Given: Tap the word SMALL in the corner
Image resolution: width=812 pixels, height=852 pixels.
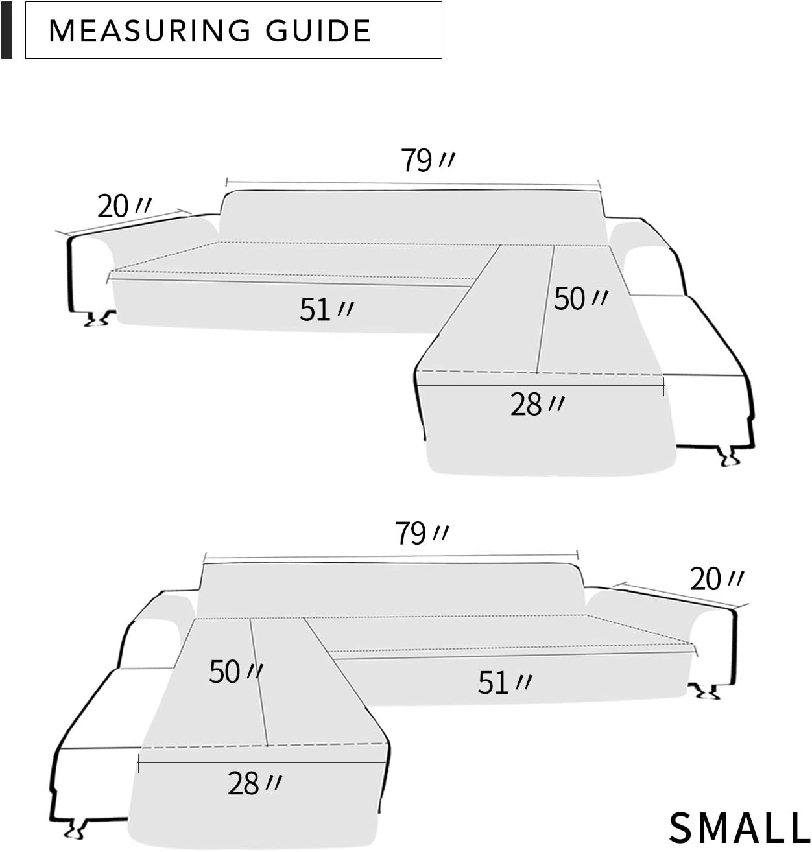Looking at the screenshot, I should pyautogui.click(x=739, y=827).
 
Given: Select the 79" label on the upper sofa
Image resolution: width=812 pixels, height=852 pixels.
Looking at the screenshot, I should pyautogui.click(x=427, y=160).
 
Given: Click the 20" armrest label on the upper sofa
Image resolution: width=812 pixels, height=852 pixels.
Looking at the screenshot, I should pyautogui.click(x=123, y=206).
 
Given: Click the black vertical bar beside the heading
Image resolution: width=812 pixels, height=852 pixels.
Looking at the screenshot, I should pyautogui.click(x=6, y=30).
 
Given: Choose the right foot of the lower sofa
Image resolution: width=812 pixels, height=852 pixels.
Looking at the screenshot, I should pyautogui.click(x=705, y=692).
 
